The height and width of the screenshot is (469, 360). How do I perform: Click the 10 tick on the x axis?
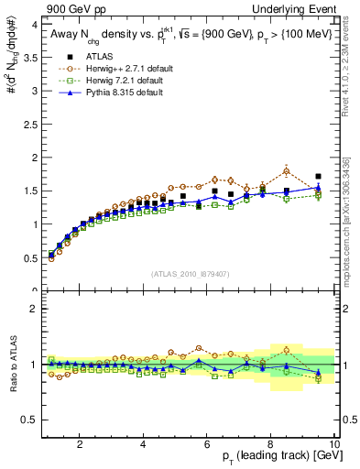point(333,443)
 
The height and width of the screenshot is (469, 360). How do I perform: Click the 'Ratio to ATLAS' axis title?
point(11,365)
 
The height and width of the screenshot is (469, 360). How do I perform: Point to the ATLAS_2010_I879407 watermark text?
point(190,274)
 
